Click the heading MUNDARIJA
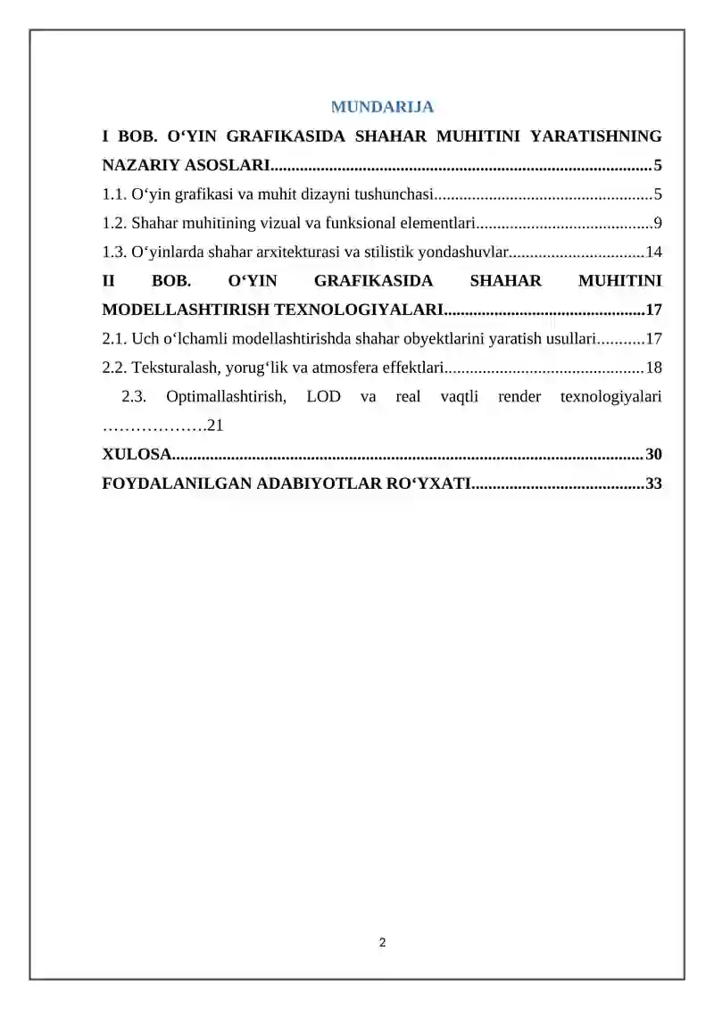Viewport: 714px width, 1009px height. coord(383,108)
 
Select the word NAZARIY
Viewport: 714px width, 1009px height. coord(134,165)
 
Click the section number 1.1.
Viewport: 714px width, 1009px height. coord(114,194)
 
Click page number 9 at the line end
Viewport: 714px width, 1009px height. coord(657,222)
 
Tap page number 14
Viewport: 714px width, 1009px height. coord(653,252)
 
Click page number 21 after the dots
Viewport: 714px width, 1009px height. coord(214,425)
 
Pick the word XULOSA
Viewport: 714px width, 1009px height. coord(135,455)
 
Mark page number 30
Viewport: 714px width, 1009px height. coord(653,455)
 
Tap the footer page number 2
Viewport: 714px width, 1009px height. coord(383,942)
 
